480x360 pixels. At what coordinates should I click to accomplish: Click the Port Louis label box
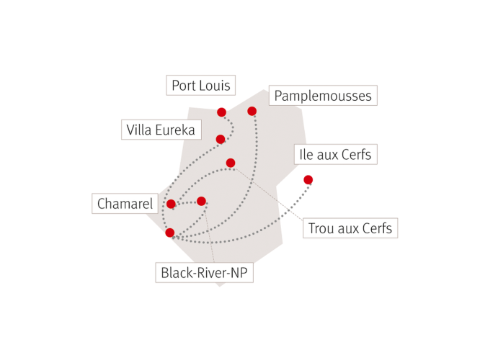200,85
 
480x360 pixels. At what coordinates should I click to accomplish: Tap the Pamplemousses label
323,96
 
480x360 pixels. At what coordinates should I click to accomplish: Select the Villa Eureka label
161,130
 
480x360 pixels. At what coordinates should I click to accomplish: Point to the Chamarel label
125,203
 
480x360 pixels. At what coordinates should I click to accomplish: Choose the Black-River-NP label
204,273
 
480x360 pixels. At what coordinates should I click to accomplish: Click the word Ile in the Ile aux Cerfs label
306,155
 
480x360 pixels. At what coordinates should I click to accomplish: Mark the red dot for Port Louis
222,112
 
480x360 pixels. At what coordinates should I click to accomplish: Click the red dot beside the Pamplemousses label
252,111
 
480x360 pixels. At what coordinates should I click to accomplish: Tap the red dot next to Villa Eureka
221,139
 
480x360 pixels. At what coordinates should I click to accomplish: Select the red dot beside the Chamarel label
171,204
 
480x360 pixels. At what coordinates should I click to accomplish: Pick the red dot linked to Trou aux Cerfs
231,163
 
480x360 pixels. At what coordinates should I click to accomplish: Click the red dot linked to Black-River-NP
201,202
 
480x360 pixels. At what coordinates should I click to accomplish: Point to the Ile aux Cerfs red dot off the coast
308,180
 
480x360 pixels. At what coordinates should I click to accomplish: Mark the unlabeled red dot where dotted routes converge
170,233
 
